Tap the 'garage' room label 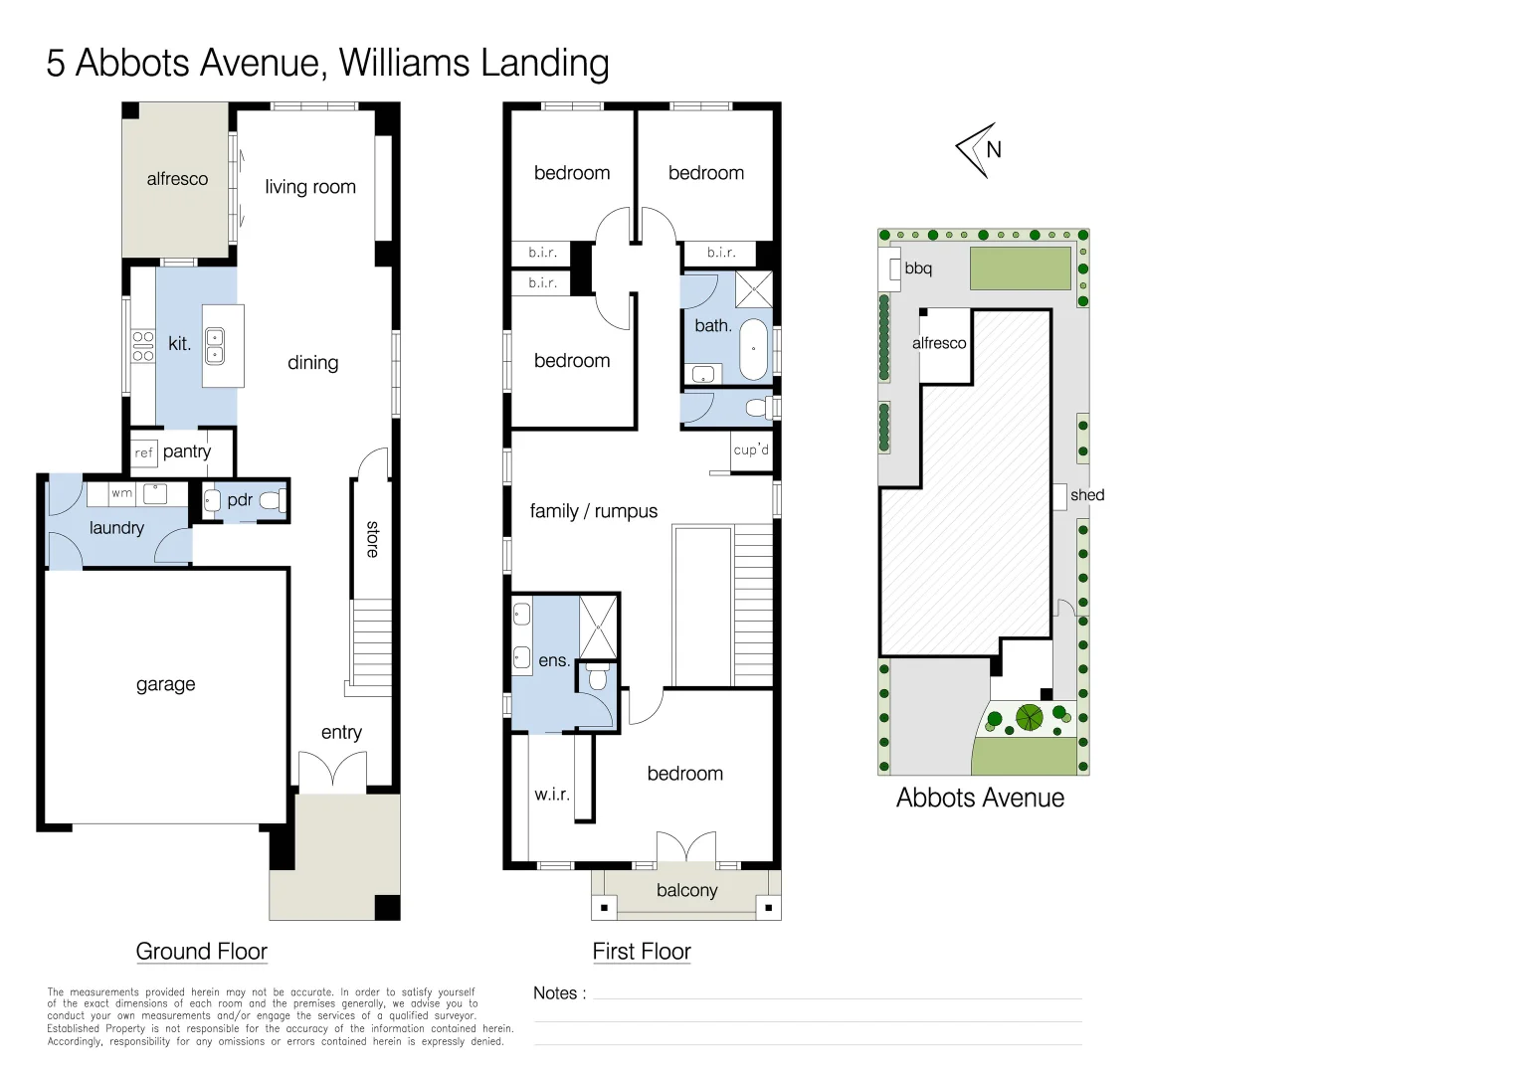point(165,684)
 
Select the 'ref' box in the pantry point(144,452)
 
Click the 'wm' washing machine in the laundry point(121,493)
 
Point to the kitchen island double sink point(215,346)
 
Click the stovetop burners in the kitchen point(143,346)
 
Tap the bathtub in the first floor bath point(755,349)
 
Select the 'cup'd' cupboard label point(751,449)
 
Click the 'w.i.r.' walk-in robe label point(552,794)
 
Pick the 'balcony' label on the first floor point(686,890)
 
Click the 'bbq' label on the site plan point(918,268)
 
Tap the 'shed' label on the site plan point(1087,495)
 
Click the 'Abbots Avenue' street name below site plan point(980,798)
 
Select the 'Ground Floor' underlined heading point(202,952)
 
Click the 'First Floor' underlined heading point(642,952)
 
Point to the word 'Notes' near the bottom point(555,992)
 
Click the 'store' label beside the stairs point(372,539)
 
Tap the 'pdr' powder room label point(240,500)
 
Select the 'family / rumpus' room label point(594,511)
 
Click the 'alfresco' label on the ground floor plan point(177,179)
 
